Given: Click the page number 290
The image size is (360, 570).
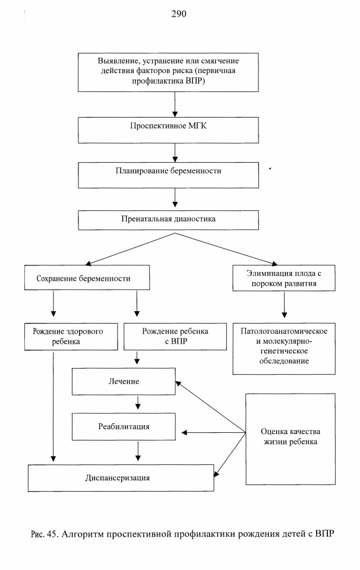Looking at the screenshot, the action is pyautogui.click(x=179, y=14).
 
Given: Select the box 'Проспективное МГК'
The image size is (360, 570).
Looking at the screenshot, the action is pyautogui.click(x=168, y=130).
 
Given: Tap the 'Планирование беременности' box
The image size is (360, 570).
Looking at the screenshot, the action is pyautogui.click(x=168, y=175).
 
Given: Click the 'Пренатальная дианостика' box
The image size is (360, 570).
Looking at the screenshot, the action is pyautogui.click(x=168, y=220).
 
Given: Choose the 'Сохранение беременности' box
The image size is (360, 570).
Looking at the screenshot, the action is pyautogui.click(x=87, y=277).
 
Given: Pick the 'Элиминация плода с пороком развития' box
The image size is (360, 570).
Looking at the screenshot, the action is pyautogui.click(x=284, y=278).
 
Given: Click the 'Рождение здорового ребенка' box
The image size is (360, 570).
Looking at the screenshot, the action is pyautogui.click(x=71, y=337).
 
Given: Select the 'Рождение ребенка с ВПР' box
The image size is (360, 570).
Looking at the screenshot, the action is pyautogui.click(x=175, y=337).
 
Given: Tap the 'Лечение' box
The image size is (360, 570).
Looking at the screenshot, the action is pyautogui.click(x=124, y=381).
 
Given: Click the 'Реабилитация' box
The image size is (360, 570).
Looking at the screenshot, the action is pyautogui.click(x=124, y=426).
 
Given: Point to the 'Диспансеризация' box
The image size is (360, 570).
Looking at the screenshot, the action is pyautogui.click(x=121, y=477).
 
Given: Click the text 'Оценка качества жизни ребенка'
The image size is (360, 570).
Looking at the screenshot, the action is pyautogui.click(x=290, y=436).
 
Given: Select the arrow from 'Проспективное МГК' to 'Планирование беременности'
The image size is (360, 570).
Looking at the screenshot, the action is pyautogui.click(x=175, y=153).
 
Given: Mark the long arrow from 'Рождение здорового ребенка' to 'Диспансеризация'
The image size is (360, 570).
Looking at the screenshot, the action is pyautogui.click(x=53, y=406).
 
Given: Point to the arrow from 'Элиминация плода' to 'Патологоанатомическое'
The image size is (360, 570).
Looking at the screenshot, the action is pyautogui.click(x=284, y=305).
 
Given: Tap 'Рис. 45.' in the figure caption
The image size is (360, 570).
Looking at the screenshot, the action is pyautogui.click(x=45, y=534).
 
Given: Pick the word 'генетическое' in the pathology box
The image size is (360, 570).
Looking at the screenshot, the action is pyautogui.click(x=284, y=351).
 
